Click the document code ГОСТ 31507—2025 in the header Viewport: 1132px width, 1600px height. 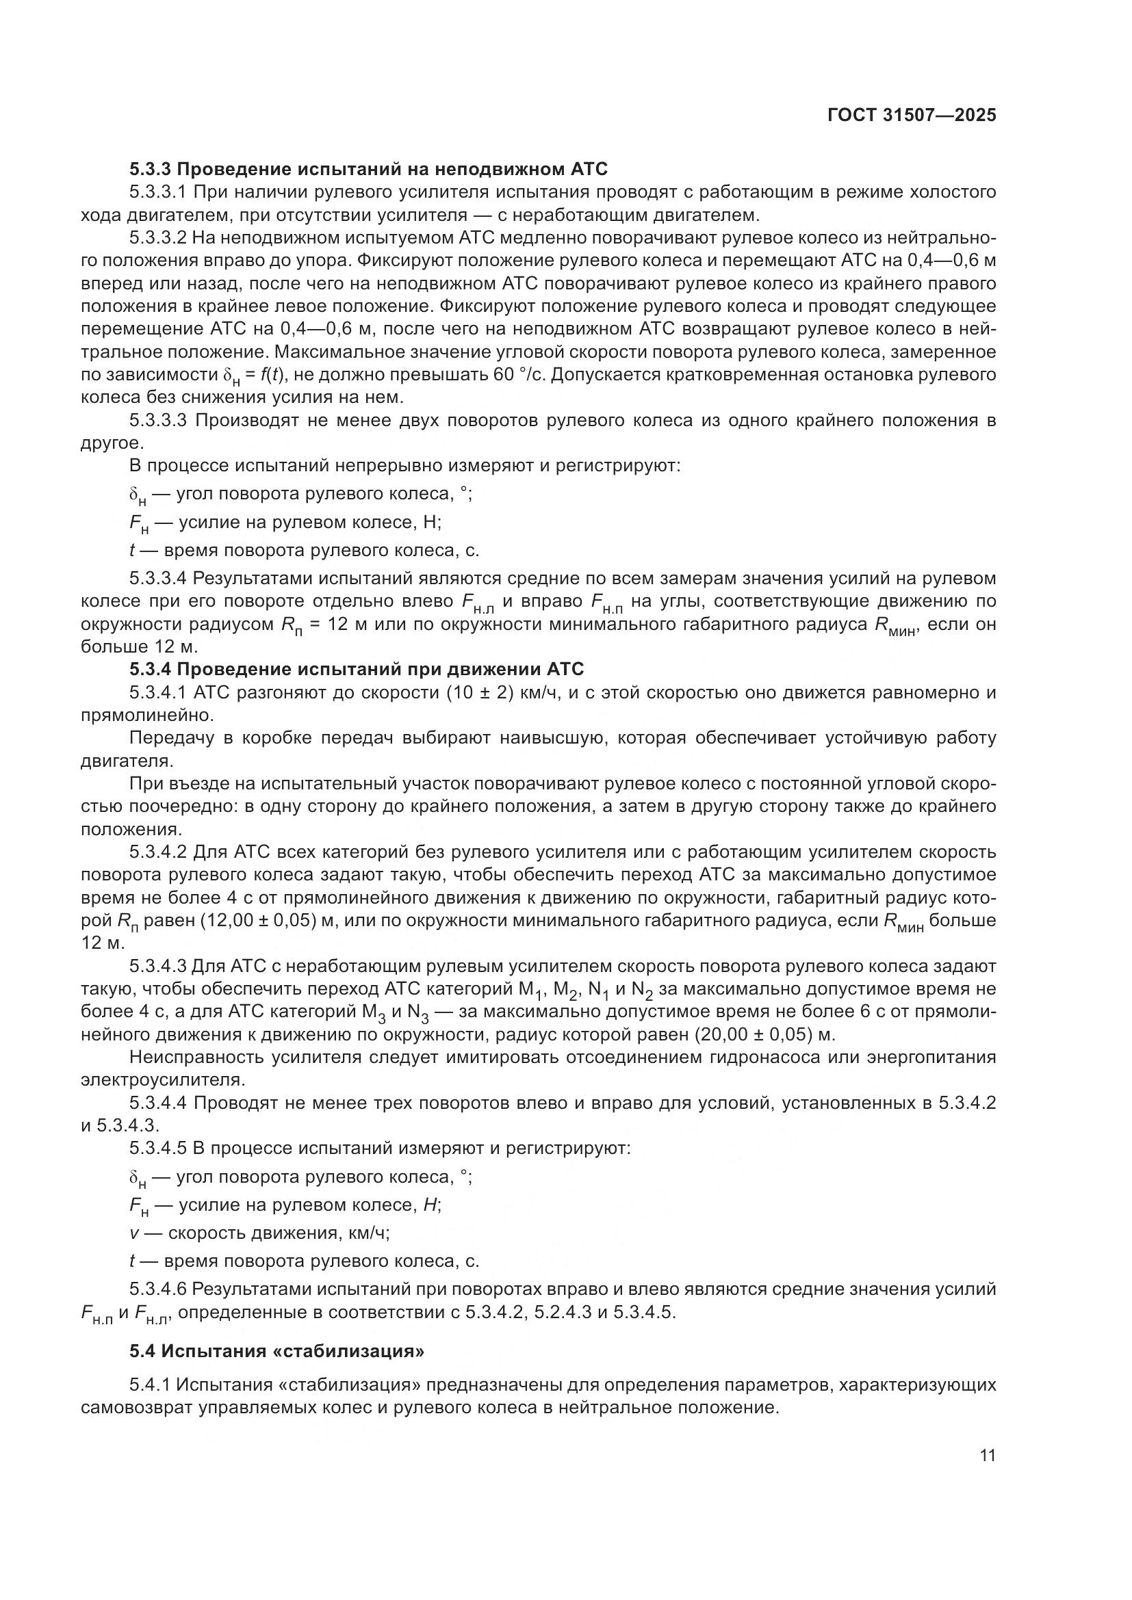pyautogui.click(x=912, y=115)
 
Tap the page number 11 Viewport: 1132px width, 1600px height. pyautogui.click(x=987, y=1456)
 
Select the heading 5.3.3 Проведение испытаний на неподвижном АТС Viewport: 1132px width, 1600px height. pyautogui.click(x=368, y=170)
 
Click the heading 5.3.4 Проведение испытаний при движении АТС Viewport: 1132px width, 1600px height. pyautogui.click(x=356, y=670)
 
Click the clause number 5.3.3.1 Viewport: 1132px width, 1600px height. pyautogui.click(x=157, y=192)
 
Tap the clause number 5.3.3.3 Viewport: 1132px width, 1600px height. pyautogui.click(x=157, y=420)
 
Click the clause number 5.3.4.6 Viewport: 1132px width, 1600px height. pyautogui.click(x=157, y=1289)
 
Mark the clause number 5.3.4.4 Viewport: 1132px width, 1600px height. pyautogui.click(x=157, y=1103)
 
